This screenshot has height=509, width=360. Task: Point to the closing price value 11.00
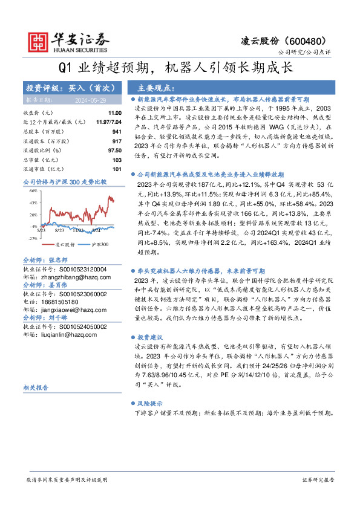pyautogui.click(x=114, y=113)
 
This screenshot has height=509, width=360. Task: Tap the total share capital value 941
pyautogui.click(x=116, y=131)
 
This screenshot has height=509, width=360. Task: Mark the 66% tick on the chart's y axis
pyautogui.click(x=34, y=190)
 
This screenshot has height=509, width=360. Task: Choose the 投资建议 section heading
pyautogui.click(x=149, y=336)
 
